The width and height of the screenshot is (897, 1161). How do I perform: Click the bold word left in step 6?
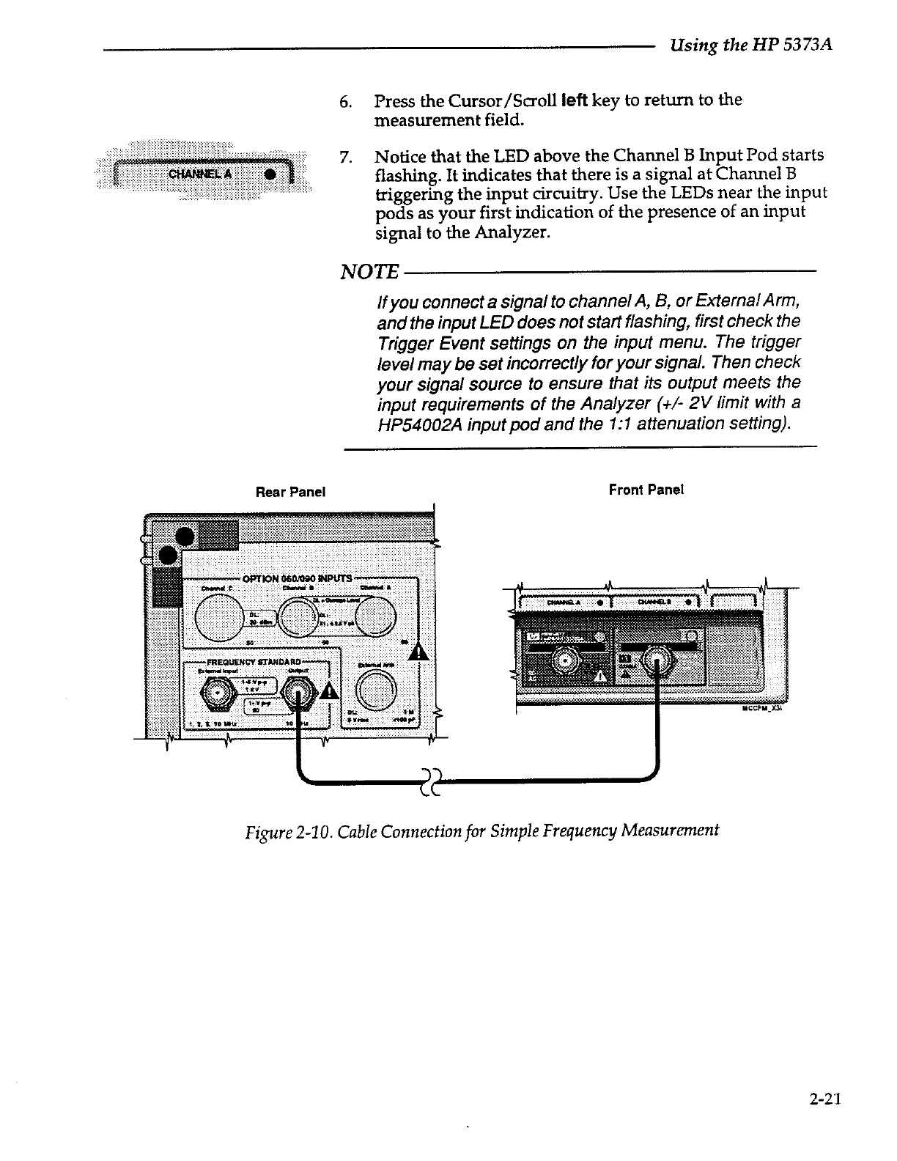point(575,100)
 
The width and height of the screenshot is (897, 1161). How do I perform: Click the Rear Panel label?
point(290,491)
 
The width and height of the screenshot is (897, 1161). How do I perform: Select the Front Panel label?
point(646,490)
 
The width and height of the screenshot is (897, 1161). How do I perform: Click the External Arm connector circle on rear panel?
point(375,690)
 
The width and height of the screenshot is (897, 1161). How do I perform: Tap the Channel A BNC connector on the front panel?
point(566,661)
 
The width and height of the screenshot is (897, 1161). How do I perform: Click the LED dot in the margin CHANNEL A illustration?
point(270,174)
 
